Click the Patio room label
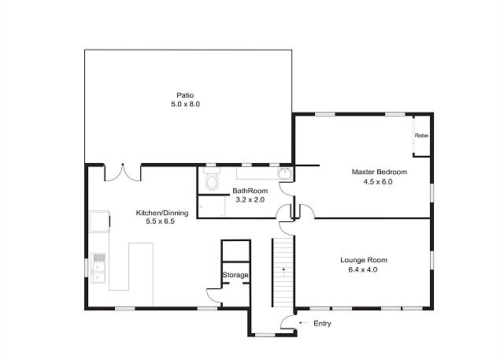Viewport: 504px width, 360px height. tap(186, 95)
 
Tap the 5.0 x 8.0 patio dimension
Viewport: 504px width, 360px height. tap(186, 104)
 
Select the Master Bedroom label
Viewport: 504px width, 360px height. tap(380, 172)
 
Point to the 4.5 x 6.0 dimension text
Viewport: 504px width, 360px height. tap(378, 182)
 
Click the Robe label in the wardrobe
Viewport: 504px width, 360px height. tap(421, 135)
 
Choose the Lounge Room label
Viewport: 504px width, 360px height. tap(364, 260)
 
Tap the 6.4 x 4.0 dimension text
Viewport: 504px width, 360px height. tap(363, 269)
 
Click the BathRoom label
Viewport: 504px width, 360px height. tap(250, 191)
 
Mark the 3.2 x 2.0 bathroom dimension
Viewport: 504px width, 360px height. tap(250, 199)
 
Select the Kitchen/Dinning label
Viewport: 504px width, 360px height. tap(162, 213)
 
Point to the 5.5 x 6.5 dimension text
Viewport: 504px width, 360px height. tap(161, 221)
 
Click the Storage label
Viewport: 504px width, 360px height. tap(235, 275)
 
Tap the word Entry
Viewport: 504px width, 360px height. tap(322, 324)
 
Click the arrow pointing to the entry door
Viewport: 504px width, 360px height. tap(303, 322)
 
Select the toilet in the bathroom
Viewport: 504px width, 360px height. tap(212, 178)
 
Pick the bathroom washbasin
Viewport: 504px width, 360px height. tap(284, 173)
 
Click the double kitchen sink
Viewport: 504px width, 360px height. tap(98, 269)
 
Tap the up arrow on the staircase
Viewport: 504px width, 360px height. tap(283, 272)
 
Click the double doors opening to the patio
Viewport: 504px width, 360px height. tap(123, 173)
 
